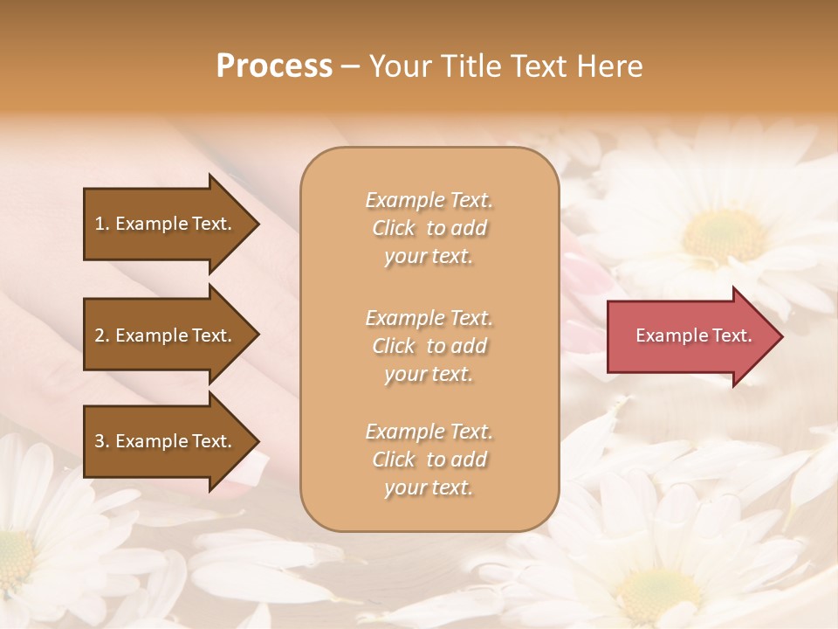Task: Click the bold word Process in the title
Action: (x=274, y=66)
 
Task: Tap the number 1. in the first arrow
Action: (x=102, y=224)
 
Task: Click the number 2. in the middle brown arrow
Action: (x=102, y=335)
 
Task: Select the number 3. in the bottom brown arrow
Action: (x=102, y=441)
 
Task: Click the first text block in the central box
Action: (x=429, y=228)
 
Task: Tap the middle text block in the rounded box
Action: (x=429, y=346)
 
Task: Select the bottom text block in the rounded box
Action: (x=429, y=460)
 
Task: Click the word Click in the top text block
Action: (x=394, y=228)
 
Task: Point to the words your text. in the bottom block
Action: (x=429, y=487)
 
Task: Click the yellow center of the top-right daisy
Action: (x=723, y=234)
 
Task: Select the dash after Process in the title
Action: (x=350, y=66)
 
